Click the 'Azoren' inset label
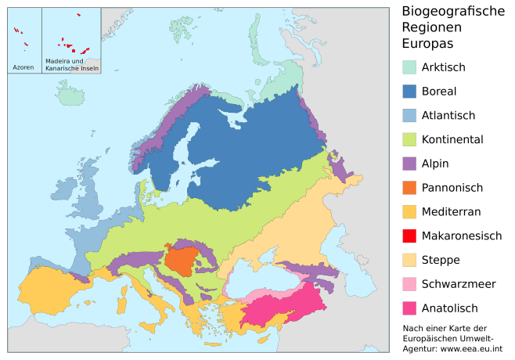23,67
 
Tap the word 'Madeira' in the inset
58,61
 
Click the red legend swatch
409,236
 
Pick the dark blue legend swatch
409,91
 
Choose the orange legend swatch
409,188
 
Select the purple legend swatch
409,164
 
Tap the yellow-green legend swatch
409,139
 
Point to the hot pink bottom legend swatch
409,308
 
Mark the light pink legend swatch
409,284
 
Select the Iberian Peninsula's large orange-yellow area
51,290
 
